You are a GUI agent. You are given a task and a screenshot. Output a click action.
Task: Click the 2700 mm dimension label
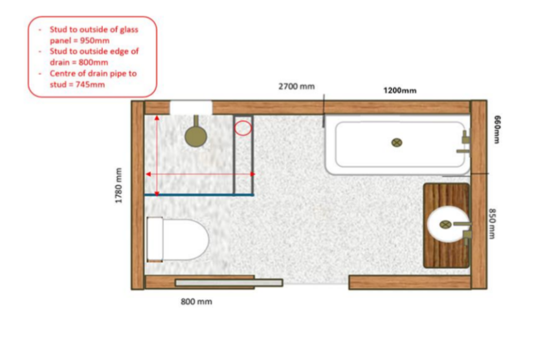point(296,86)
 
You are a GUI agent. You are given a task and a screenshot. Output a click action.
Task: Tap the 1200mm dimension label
point(399,91)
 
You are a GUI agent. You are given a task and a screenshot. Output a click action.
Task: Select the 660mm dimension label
point(497,129)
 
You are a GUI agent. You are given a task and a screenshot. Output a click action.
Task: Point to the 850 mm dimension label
point(492,224)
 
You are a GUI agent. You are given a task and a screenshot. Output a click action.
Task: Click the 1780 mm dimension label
point(118,185)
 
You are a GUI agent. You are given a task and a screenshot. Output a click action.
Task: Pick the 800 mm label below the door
point(196,302)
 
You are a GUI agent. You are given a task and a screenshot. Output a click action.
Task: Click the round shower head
point(195,137)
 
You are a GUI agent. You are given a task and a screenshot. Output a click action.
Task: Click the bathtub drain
point(396,142)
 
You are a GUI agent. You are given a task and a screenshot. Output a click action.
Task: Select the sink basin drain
point(445,225)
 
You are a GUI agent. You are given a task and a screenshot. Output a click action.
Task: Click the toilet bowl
point(185,240)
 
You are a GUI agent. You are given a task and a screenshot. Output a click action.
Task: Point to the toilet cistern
point(155,240)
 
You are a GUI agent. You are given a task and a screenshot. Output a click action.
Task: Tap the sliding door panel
point(228,283)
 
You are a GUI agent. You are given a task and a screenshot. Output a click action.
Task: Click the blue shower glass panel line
point(199,195)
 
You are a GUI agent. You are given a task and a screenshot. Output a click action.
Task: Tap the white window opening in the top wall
point(191,107)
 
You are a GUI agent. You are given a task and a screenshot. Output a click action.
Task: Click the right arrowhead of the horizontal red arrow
point(252,174)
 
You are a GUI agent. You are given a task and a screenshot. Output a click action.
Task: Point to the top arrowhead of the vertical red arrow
point(157,117)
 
